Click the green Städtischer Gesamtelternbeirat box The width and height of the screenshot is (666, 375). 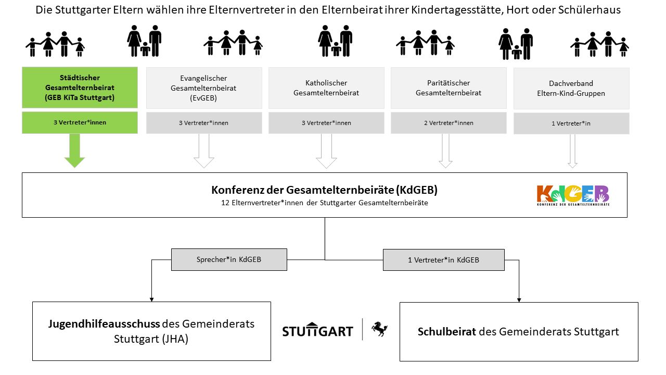pyautogui.click(x=80, y=87)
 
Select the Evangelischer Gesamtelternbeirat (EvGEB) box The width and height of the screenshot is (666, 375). pyautogui.click(x=204, y=88)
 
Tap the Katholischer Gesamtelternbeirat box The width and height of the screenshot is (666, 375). pyautogui.click(x=326, y=88)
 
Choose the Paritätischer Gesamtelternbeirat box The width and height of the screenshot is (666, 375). pyautogui.click(x=449, y=88)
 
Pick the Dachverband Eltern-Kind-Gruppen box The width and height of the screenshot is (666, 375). pyautogui.click(x=571, y=89)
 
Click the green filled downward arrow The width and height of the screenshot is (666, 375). pyautogui.click(x=74, y=151)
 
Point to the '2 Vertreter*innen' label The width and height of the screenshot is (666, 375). pyautogui.click(x=449, y=123)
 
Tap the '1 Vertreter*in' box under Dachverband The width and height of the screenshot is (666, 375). pyautogui.click(x=571, y=123)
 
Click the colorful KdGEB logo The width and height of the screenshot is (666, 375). pyautogui.click(x=573, y=195)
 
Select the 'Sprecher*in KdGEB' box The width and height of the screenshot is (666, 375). pyautogui.click(x=229, y=259)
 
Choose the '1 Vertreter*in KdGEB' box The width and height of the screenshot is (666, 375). pyautogui.click(x=444, y=260)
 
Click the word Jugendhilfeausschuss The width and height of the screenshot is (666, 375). pyautogui.click(x=104, y=324)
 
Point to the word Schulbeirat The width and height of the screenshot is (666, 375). pyautogui.click(x=446, y=332)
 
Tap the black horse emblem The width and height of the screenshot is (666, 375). pyautogui.click(x=379, y=329)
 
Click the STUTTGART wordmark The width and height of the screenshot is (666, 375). pyautogui.click(x=317, y=330)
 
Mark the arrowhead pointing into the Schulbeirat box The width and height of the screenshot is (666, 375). pyautogui.click(x=519, y=300)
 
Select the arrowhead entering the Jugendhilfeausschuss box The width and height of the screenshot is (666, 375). pyautogui.click(x=151, y=299)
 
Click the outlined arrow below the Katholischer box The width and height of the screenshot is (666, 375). pyautogui.click(x=326, y=151)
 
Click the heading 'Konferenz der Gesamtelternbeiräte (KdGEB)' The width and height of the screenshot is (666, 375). pyautogui.click(x=324, y=190)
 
